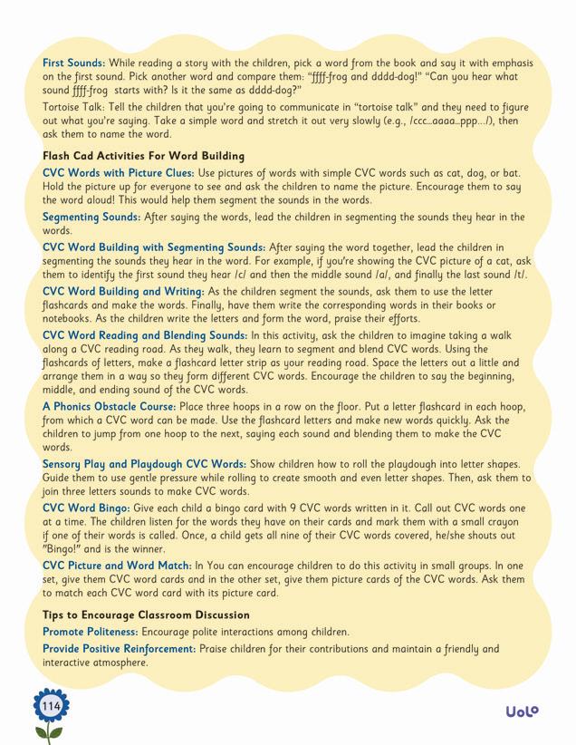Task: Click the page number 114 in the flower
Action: click(x=51, y=705)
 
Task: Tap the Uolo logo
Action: click(x=522, y=711)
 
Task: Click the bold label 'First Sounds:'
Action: click(x=74, y=63)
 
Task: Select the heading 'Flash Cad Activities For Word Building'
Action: click(x=143, y=156)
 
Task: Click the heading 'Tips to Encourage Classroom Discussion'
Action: click(x=146, y=615)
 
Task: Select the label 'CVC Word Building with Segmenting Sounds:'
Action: click(x=154, y=247)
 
